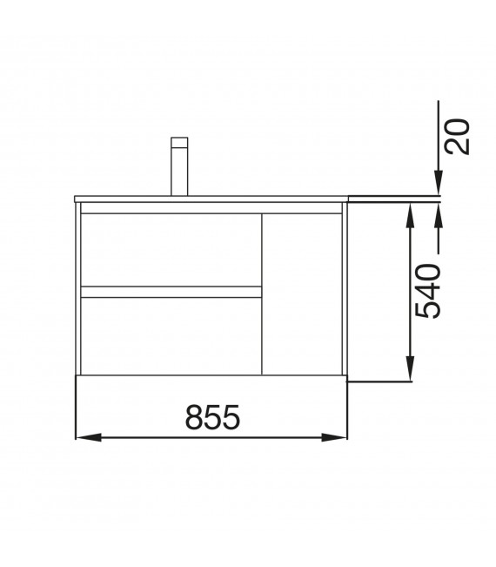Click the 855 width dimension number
coord(212,419)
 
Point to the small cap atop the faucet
coord(179,143)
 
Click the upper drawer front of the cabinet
coord(171,249)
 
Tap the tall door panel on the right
coord(302,294)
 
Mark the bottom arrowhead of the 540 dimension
coord(409,374)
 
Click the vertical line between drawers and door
coord(262,294)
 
